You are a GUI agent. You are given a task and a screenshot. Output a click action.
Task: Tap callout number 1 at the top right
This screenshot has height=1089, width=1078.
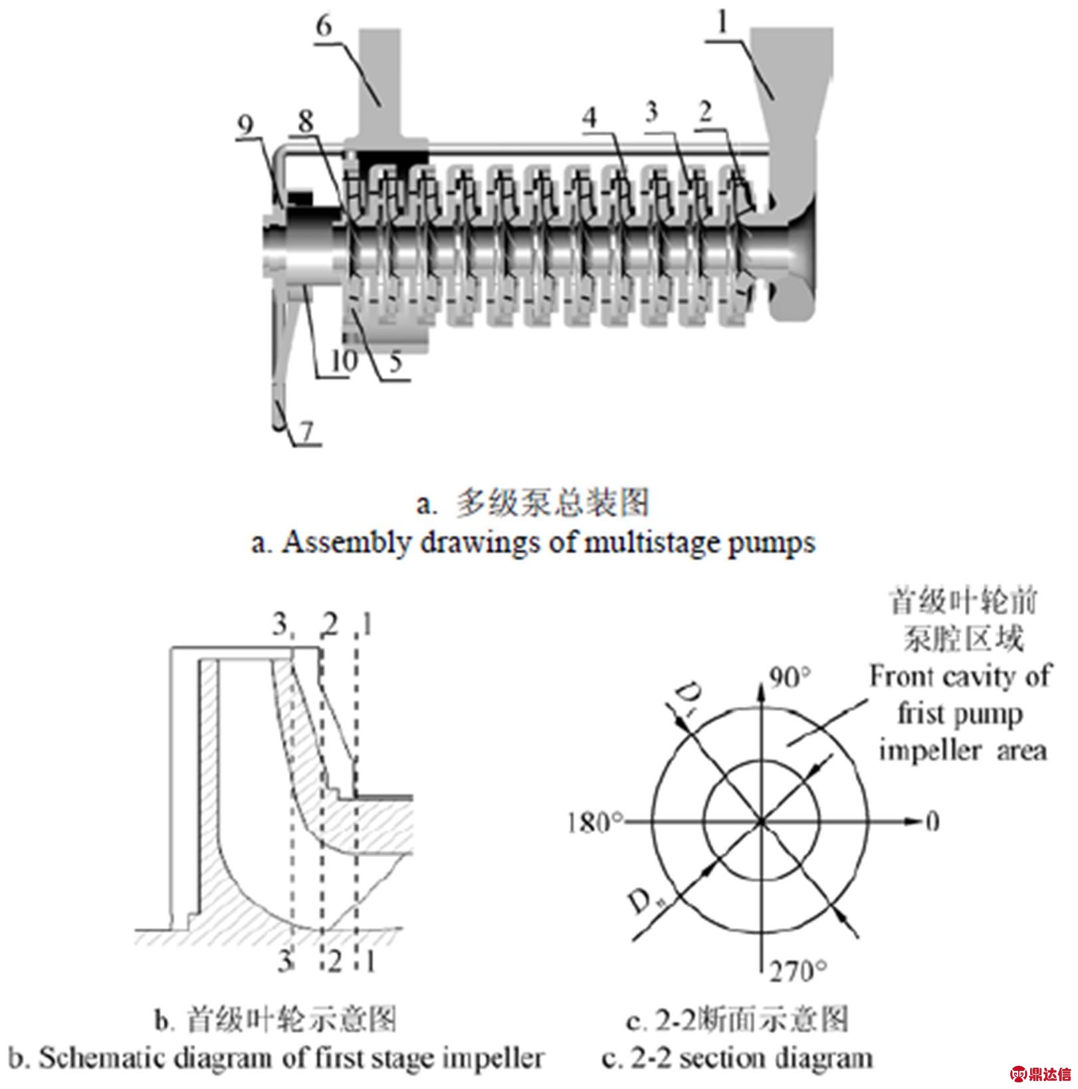[723, 24]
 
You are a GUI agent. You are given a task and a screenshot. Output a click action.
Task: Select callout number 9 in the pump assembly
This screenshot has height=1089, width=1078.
[246, 125]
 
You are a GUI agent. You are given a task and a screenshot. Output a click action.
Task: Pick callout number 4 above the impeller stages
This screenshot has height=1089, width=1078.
[590, 118]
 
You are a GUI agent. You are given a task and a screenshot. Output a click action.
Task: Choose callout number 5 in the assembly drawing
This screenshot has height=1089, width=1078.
[395, 363]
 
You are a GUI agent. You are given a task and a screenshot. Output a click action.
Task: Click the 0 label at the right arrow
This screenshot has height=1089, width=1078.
[932, 822]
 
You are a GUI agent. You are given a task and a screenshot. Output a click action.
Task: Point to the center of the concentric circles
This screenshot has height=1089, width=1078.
[761, 822]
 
